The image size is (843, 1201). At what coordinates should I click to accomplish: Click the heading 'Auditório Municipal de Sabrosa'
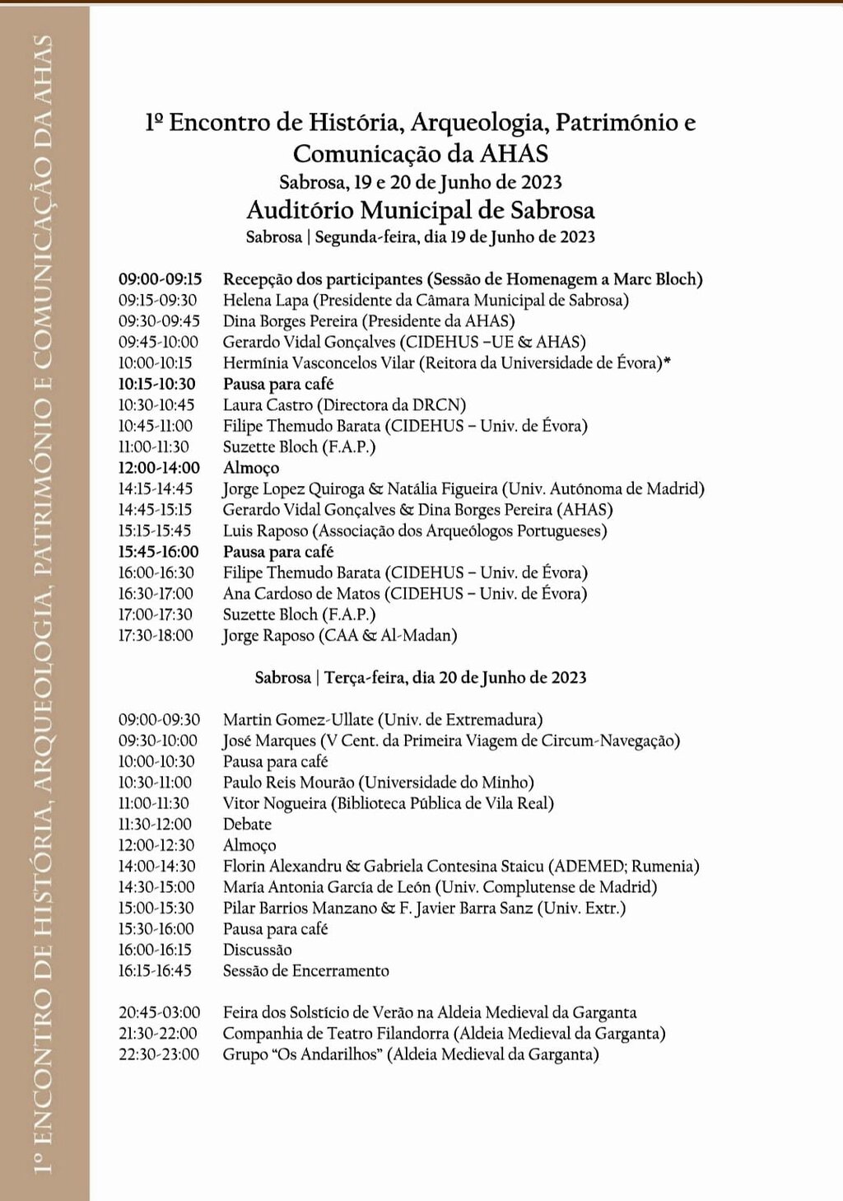(x=421, y=209)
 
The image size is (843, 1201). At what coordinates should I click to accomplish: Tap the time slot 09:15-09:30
(x=157, y=300)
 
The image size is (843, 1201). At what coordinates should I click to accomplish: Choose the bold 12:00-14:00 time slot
(x=159, y=468)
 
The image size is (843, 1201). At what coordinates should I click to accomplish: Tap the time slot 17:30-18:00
(x=156, y=635)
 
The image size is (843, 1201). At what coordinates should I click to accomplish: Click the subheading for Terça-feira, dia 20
(x=421, y=677)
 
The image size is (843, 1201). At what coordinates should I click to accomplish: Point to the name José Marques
(x=269, y=741)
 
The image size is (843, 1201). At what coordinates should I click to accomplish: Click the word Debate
(x=247, y=824)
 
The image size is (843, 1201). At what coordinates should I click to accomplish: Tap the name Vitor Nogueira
(x=275, y=803)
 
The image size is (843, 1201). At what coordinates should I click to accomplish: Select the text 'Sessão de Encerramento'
(x=305, y=970)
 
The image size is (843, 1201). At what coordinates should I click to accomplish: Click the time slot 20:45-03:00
(x=159, y=1012)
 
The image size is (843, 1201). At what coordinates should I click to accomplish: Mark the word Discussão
(x=257, y=950)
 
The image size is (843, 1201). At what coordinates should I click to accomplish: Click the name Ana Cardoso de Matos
(x=301, y=593)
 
